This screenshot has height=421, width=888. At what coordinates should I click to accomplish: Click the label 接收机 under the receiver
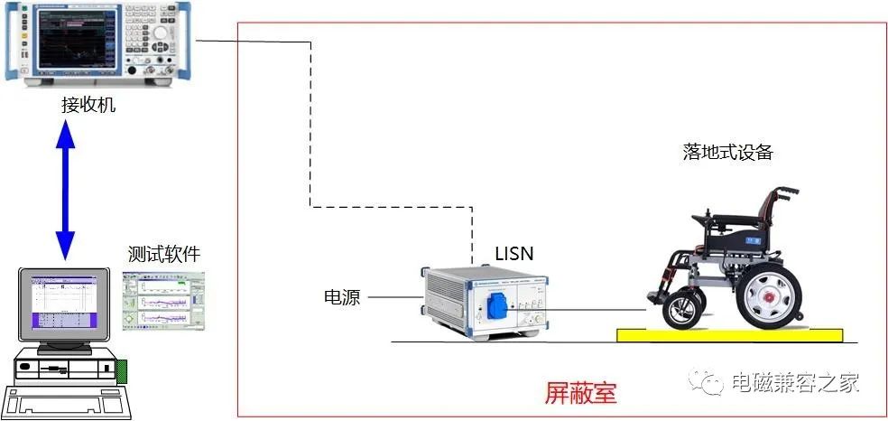[x=88, y=106]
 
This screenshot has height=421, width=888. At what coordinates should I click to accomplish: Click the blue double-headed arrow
[x=65, y=189]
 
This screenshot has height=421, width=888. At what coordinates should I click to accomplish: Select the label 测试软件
[x=163, y=254]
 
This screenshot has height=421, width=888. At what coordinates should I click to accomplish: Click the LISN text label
[x=513, y=254]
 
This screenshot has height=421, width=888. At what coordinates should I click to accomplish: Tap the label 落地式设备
[x=727, y=152]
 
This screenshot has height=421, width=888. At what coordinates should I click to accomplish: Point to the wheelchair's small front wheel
[x=680, y=311]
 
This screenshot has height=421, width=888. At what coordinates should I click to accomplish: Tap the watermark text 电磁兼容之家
[x=794, y=382]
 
